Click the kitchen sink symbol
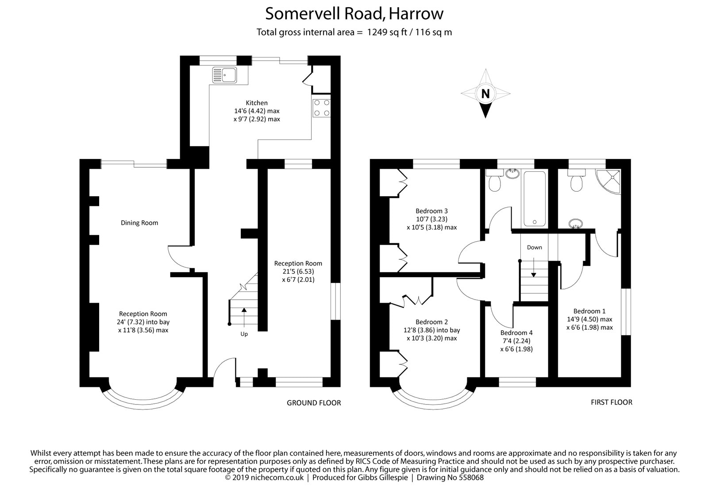(224, 75)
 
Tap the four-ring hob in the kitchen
(321, 108)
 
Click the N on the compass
(485, 93)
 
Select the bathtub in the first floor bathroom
(535, 199)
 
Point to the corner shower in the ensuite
(609, 181)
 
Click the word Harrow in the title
(416, 14)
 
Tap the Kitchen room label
(257, 103)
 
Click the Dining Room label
(139, 223)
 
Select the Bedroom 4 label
(516, 333)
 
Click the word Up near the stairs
(244, 334)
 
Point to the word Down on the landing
(535, 247)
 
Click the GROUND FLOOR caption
(314, 403)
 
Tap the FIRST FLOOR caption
(612, 402)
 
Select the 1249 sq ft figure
(387, 32)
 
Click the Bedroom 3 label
(432, 211)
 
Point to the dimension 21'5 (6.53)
(298, 271)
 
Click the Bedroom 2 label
(432, 322)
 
